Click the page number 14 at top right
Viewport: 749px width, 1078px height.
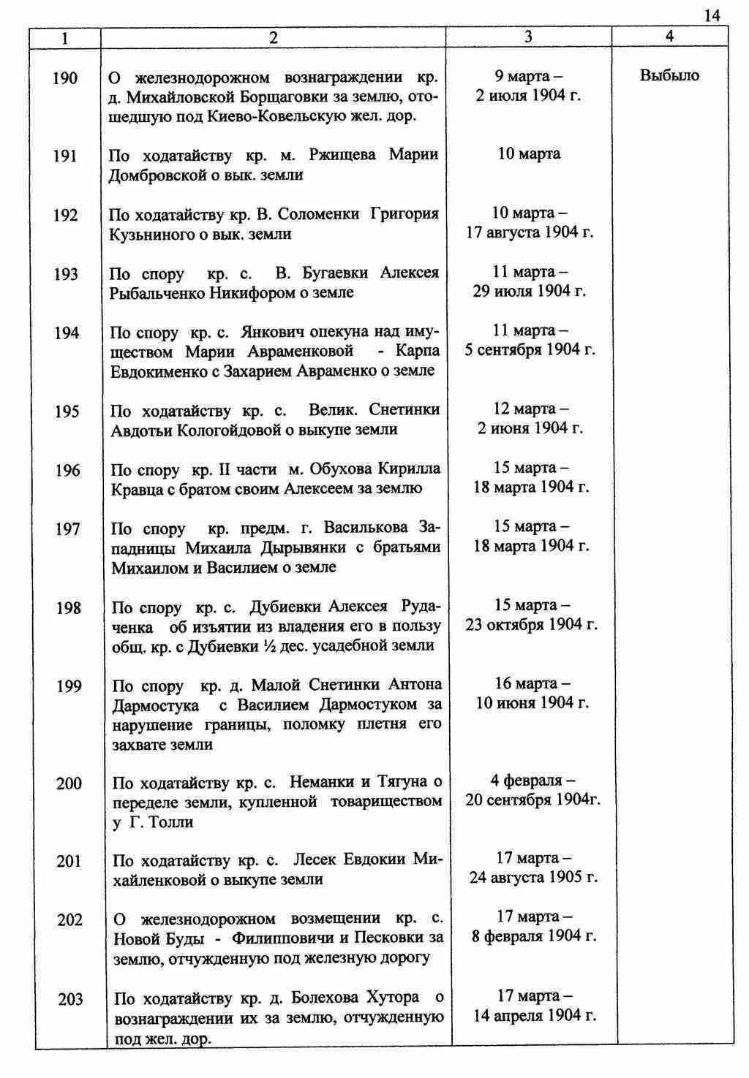(x=712, y=15)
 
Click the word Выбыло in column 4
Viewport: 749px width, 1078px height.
(x=669, y=75)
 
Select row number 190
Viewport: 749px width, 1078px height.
(x=65, y=78)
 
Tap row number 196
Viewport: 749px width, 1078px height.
(x=67, y=471)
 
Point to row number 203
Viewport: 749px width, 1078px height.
(x=70, y=999)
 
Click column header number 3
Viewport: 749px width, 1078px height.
(x=528, y=37)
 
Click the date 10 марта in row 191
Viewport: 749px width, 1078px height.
(x=529, y=154)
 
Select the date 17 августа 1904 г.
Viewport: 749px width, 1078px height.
(x=530, y=233)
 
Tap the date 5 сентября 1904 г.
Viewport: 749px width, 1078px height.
(x=530, y=350)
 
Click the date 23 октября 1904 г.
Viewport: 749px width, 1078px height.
(x=532, y=625)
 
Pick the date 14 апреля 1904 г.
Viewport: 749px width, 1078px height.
(x=534, y=1016)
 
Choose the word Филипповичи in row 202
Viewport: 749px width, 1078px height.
(x=284, y=938)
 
